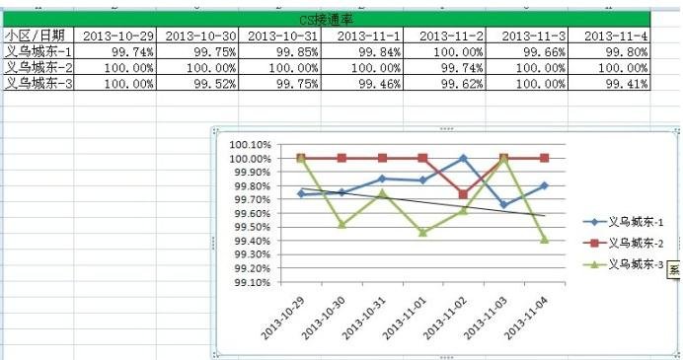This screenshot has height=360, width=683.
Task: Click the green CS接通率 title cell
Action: click(326, 20)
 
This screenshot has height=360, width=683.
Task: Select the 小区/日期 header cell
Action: click(37, 36)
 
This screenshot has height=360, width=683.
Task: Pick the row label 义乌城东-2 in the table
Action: click(37, 67)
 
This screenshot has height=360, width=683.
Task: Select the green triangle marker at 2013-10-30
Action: click(341, 224)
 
